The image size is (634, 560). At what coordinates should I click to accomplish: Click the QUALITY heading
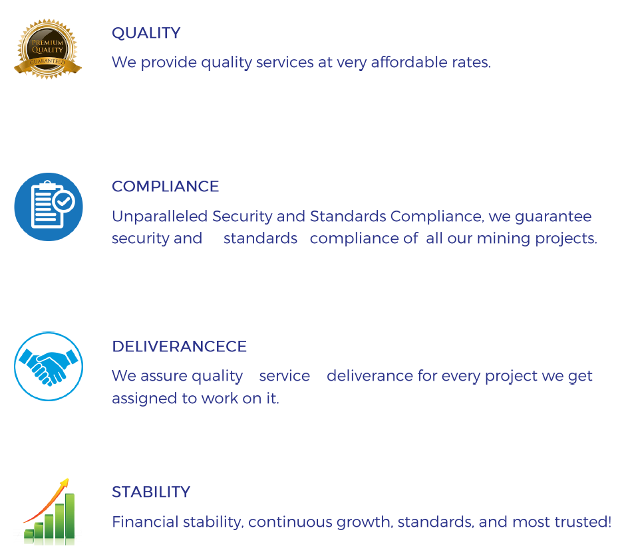click(146, 33)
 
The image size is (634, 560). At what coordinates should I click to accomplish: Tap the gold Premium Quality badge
click(48, 49)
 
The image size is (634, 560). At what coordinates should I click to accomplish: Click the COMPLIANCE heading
click(166, 187)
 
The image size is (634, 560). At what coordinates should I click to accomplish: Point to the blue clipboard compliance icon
click(49, 207)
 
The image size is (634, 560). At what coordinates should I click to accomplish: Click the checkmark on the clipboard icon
click(64, 201)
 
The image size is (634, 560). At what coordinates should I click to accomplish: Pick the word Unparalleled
click(160, 217)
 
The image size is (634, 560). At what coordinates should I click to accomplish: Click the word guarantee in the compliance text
click(553, 217)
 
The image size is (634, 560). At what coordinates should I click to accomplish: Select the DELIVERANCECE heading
click(179, 346)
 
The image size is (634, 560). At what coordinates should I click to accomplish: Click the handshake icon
click(49, 367)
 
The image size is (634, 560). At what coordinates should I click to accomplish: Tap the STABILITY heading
click(151, 492)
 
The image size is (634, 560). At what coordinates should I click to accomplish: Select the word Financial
click(146, 522)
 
